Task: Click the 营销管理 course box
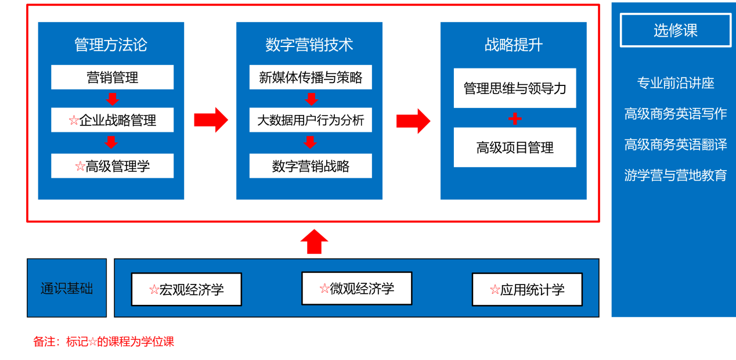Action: [112, 77]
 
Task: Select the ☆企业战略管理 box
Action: [112, 120]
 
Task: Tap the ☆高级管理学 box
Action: [112, 166]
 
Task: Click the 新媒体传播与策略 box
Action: [311, 77]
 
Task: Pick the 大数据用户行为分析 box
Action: [311, 120]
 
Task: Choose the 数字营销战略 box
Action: [311, 166]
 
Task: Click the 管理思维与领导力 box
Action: [515, 88]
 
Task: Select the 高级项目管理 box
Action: [515, 147]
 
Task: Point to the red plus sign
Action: [515, 118]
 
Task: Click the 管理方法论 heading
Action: [111, 45]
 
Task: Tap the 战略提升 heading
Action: [514, 45]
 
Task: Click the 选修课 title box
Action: [676, 30]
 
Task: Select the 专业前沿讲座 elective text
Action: [676, 83]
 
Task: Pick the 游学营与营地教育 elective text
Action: [676, 175]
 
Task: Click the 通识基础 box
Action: [67, 288]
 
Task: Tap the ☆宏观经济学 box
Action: [186, 289]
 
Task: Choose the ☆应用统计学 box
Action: [527, 289]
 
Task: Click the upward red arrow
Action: [314, 241]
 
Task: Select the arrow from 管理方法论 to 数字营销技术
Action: [211, 120]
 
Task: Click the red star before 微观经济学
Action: [324, 288]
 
